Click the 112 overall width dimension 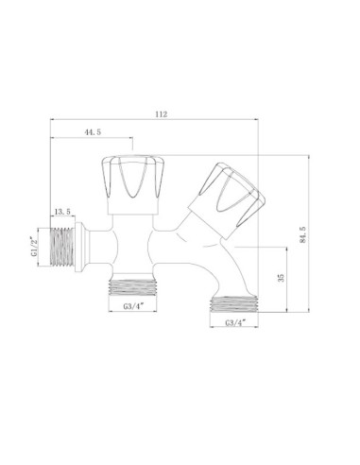[161, 114]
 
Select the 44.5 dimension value [93, 132]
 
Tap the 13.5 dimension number [62, 212]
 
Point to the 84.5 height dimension [303, 234]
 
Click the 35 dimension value [281, 278]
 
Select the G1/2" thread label [34, 247]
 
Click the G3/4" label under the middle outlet [133, 306]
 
